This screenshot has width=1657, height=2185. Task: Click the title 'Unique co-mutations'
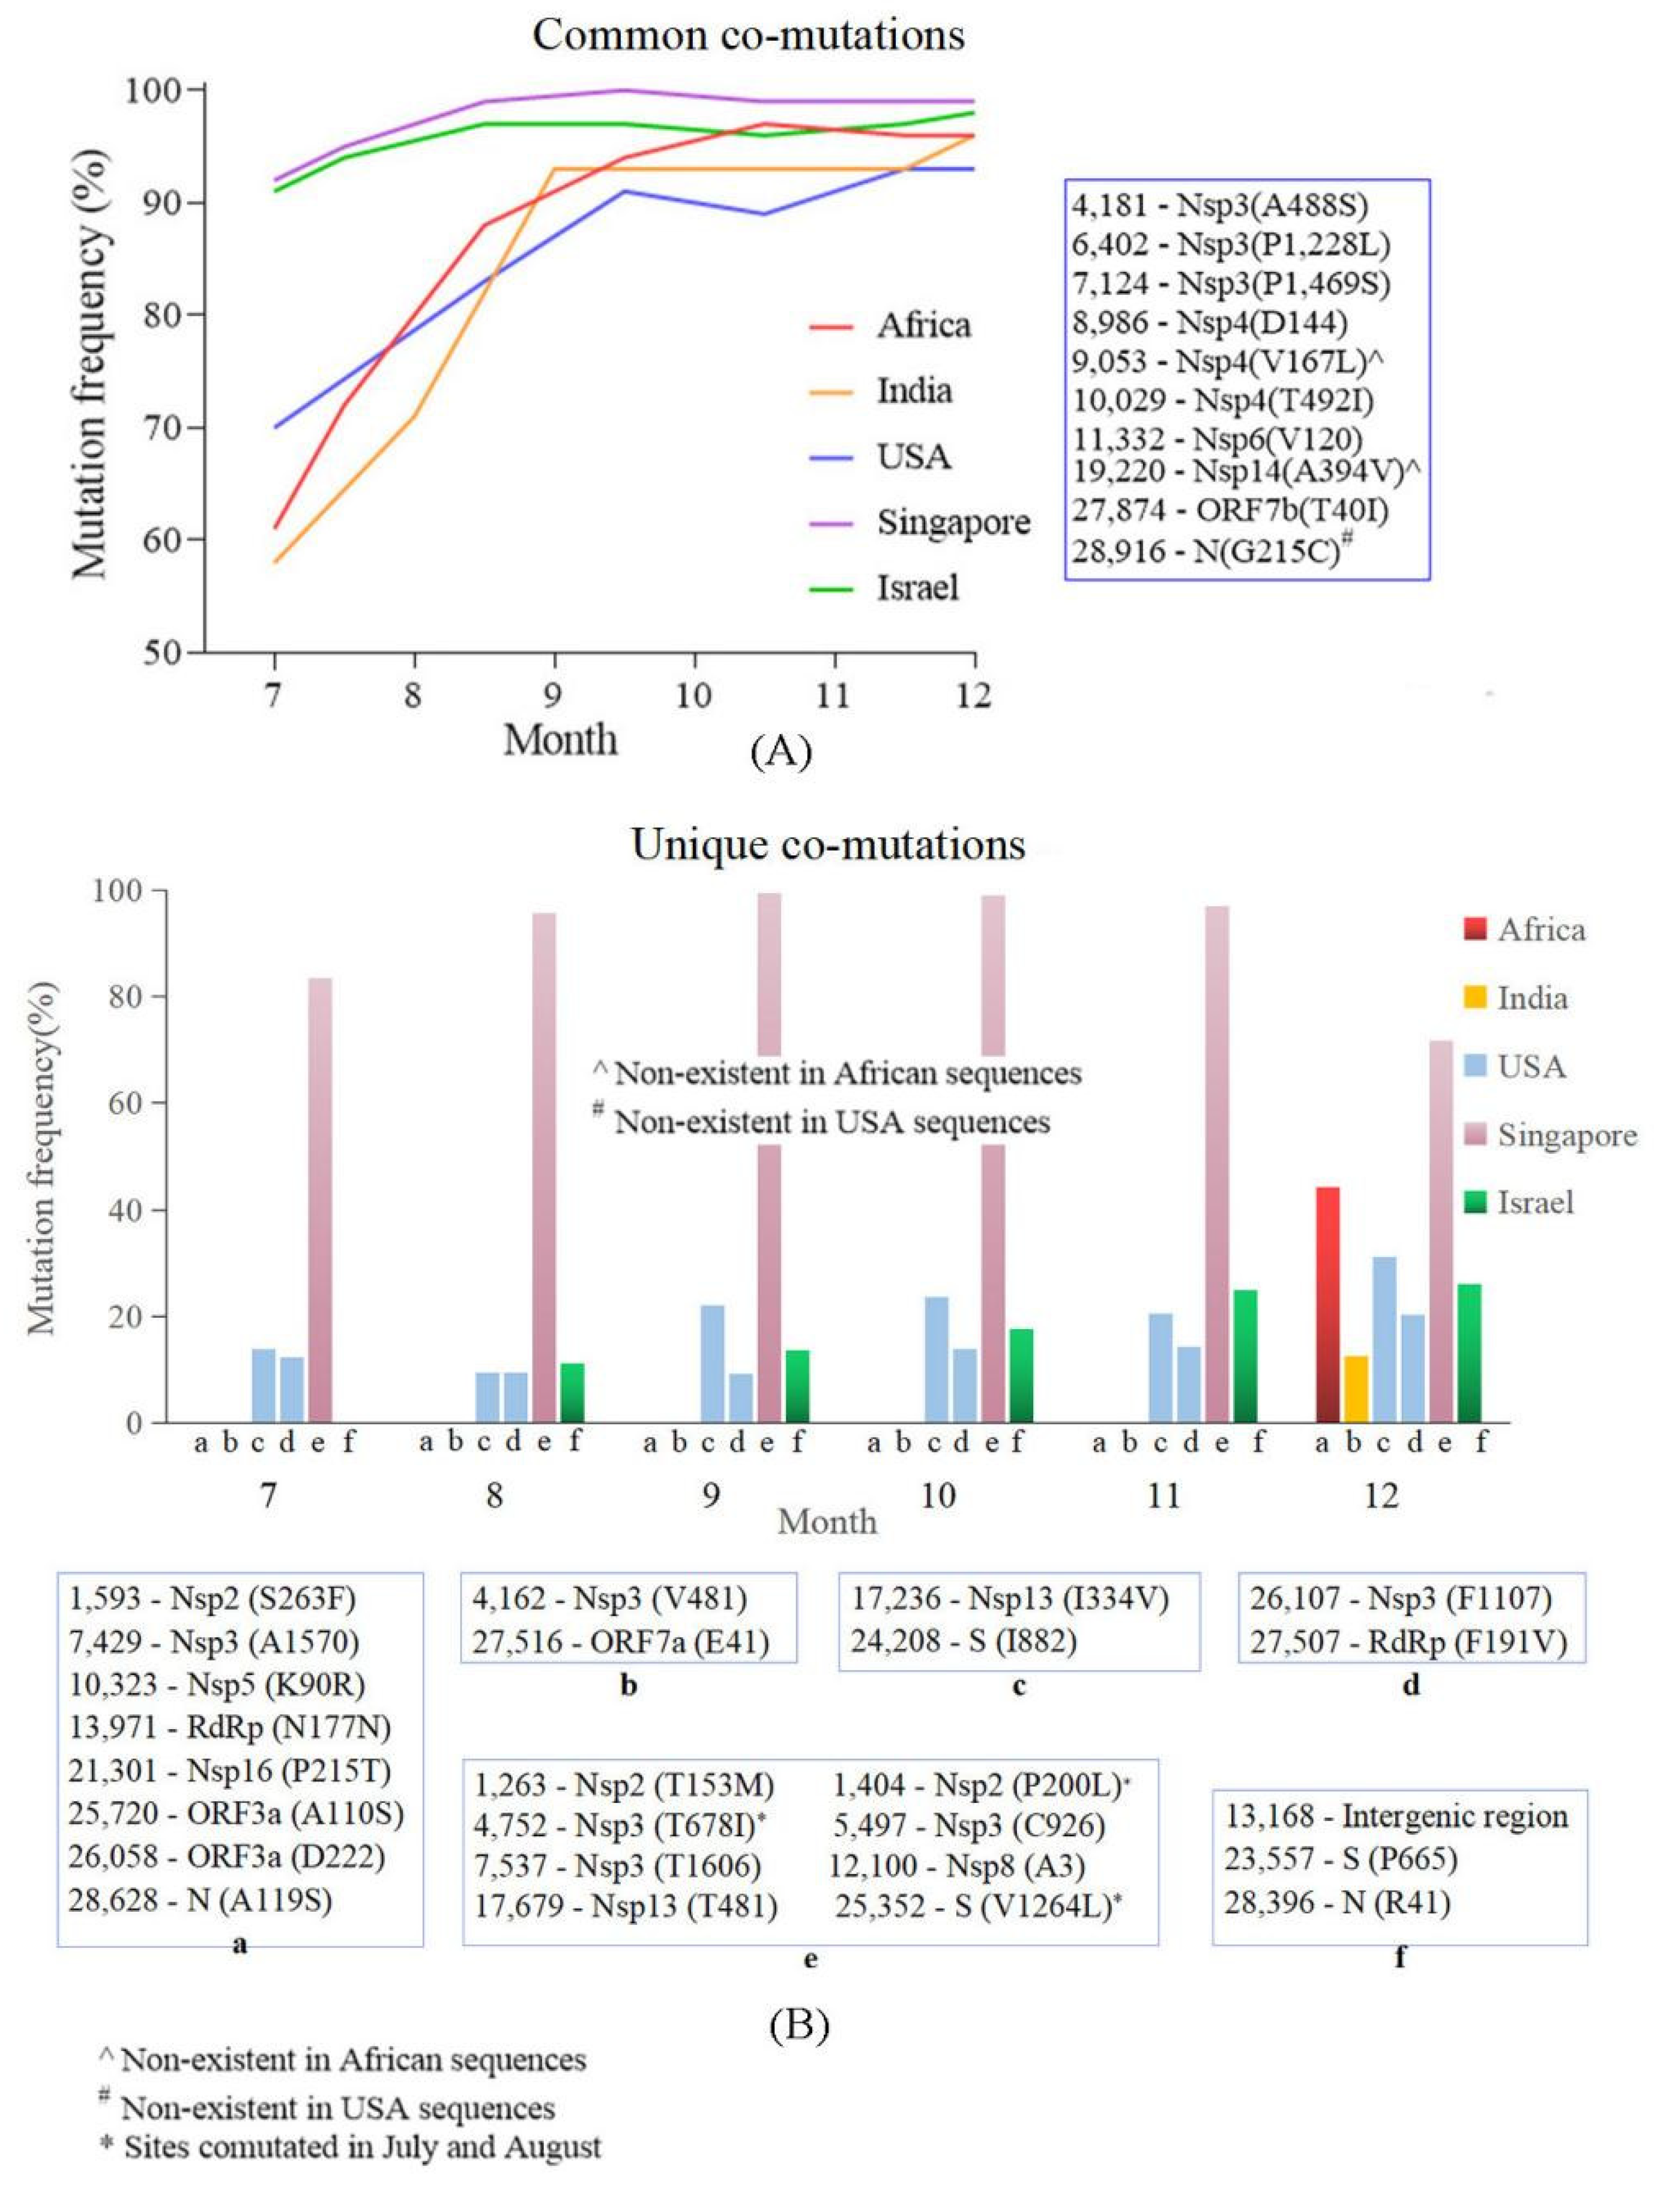coord(827,844)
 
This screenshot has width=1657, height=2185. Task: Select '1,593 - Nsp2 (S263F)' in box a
coord(213,1598)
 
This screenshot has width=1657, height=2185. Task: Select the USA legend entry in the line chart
coord(913,457)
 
